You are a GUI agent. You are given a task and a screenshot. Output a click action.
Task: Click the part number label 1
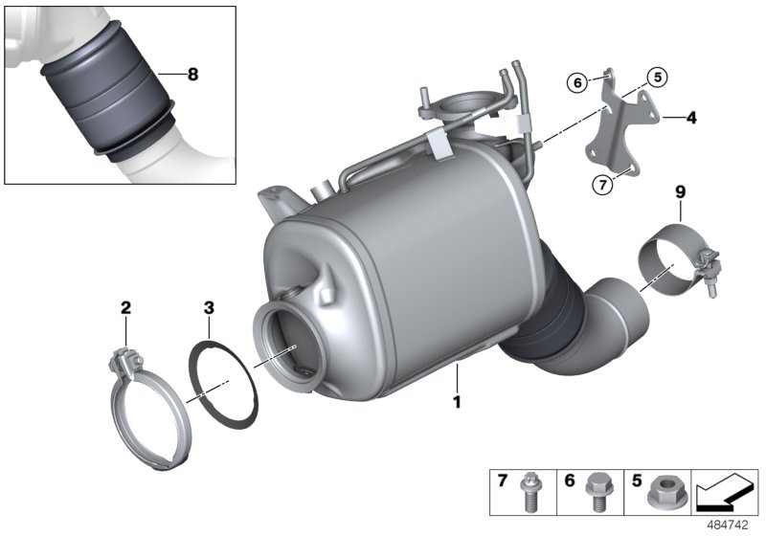457,403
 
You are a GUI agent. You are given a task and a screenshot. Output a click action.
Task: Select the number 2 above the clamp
125,307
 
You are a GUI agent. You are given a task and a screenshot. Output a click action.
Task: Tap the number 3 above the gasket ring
208,307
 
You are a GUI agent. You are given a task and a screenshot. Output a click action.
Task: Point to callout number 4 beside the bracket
690,119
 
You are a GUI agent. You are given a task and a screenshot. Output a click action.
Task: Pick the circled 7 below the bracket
601,185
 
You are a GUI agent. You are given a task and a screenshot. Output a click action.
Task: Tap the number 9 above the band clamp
681,192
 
